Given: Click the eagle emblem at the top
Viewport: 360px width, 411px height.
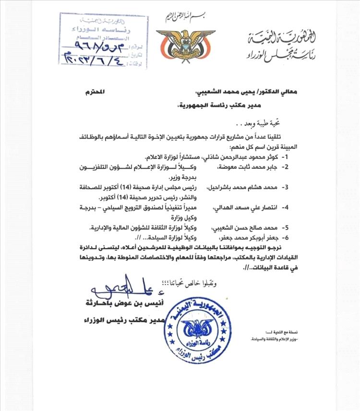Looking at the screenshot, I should [179, 44].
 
